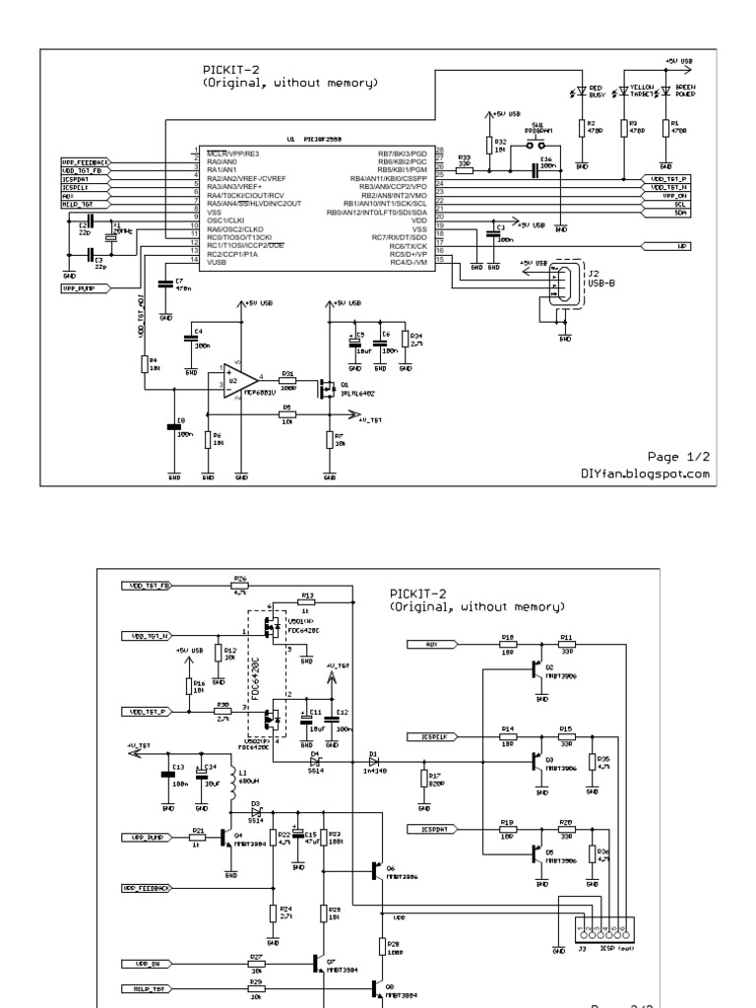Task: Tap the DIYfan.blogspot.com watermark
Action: click(645, 473)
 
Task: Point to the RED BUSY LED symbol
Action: click(582, 92)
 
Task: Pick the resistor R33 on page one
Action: click(464, 170)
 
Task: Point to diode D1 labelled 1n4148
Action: click(374, 761)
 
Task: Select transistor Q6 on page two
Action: click(379, 869)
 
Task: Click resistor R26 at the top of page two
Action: click(239, 586)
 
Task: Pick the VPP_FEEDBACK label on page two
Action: click(146, 888)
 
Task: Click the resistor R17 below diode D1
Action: click(423, 778)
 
